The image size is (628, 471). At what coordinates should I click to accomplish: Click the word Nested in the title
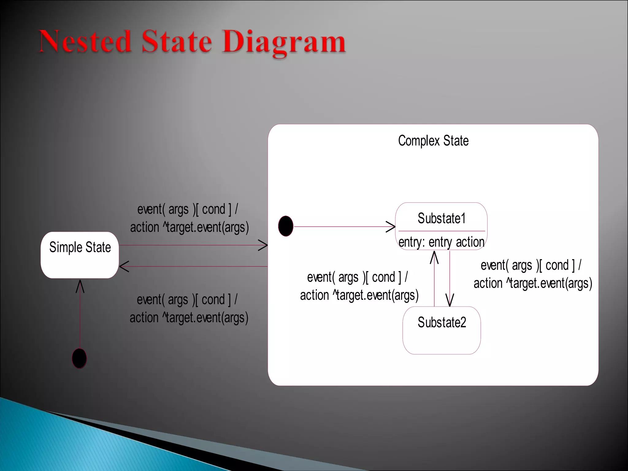85,41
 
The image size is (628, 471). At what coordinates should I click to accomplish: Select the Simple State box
80,255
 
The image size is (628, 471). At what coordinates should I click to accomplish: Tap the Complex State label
433,141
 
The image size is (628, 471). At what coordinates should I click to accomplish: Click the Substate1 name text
442,219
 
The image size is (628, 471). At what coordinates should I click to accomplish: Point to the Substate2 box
442,331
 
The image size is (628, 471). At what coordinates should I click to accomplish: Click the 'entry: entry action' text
441,242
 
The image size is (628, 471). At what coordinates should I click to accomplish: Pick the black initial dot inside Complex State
285,226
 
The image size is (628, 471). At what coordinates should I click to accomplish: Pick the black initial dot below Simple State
79,358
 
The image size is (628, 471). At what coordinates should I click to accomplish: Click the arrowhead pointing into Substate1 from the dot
391,227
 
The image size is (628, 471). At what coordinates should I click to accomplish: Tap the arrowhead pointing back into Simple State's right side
123,266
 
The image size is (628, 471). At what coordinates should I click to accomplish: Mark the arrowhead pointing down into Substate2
450,301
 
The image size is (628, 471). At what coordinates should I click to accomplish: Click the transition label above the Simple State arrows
189,218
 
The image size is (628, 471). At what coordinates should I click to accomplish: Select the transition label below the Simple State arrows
188,308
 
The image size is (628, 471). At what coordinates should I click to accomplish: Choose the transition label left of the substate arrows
359,286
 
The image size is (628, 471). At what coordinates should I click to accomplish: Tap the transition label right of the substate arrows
532,274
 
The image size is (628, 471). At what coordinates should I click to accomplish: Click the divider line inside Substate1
442,231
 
